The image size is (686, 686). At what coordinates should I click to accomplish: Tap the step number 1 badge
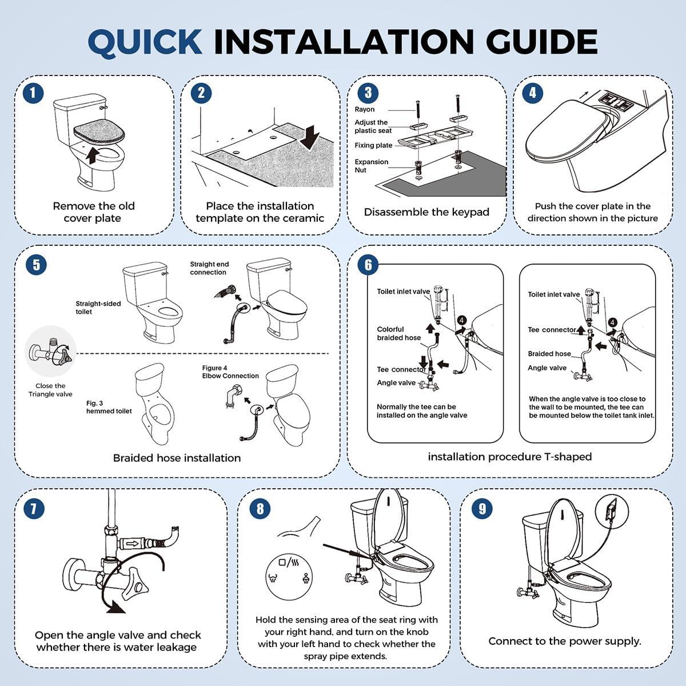(x=33, y=93)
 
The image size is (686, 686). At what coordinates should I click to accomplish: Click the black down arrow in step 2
(x=312, y=137)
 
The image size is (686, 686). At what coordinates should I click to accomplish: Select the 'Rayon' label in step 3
(x=365, y=109)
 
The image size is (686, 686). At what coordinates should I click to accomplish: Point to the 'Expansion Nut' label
(x=371, y=166)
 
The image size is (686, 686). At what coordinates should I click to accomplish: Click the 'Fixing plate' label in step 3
(x=373, y=145)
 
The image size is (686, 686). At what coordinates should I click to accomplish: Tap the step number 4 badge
(x=533, y=93)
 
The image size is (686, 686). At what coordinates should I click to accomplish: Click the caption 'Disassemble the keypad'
(x=426, y=212)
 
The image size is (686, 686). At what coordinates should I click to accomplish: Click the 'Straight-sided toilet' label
(x=98, y=308)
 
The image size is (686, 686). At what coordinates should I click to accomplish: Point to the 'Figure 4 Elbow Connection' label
(x=230, y=372)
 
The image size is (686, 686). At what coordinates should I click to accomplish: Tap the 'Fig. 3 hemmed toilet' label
(x=109, y=407)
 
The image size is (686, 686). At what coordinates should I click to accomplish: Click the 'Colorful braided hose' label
(x=398, y=333)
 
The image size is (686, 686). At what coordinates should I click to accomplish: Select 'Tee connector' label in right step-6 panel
(x=552, y=330)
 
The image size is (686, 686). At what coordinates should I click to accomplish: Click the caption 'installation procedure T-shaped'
(x=509, y=457)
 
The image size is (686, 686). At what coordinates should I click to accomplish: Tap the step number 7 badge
(x=33, y=508)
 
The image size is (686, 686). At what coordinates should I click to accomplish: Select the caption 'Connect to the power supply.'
(x=565, y=641)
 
